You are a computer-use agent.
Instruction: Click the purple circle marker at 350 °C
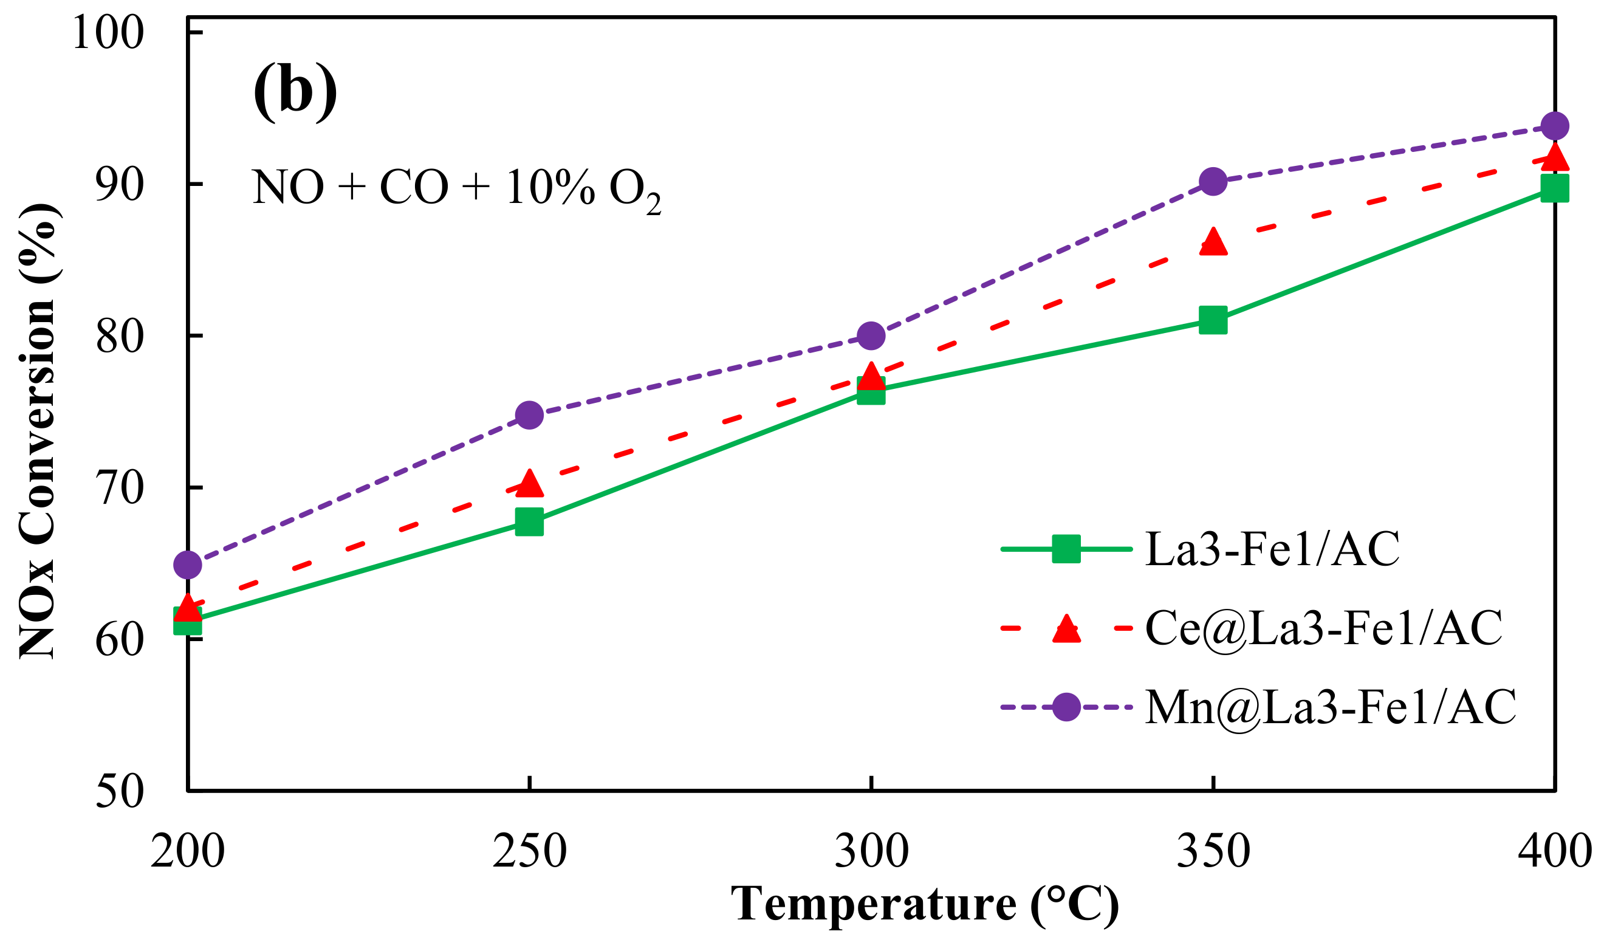click(1213, 182)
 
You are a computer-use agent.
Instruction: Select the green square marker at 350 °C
click(1213, 320)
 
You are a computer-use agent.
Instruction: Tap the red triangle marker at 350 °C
click(1213, 242)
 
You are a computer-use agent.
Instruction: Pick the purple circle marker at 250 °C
click(529, 415)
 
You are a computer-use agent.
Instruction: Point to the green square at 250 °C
click(529, 522)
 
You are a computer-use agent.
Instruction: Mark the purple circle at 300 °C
click(871, 335)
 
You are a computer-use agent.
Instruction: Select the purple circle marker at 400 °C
click(1554, 126)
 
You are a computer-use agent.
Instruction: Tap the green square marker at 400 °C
click(1554, 188)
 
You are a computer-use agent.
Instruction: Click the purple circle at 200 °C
click(188, 565)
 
